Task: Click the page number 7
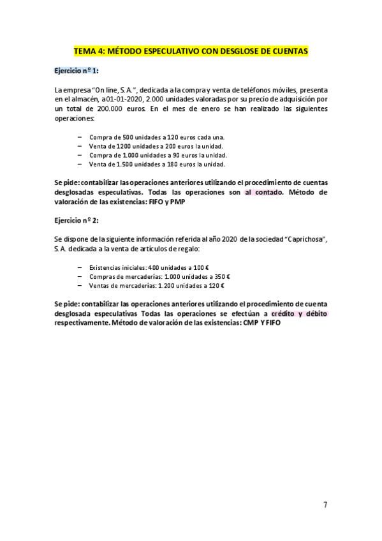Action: tap(325, 505)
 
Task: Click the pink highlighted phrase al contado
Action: tap(262, 192)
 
